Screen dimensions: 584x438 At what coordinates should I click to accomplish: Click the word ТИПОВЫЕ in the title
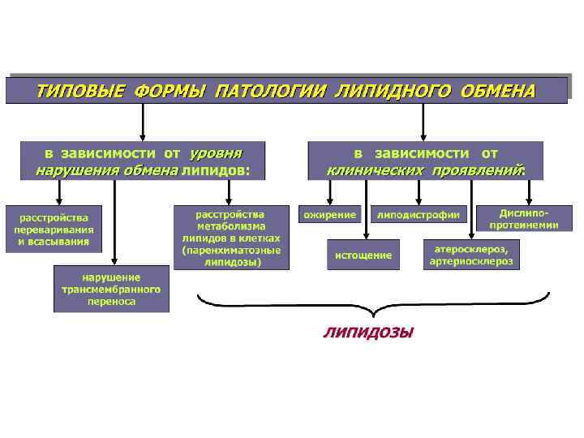[77, 90]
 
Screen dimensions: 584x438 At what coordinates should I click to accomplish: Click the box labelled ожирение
[330, 214]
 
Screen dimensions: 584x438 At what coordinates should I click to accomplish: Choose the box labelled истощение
[363, 255]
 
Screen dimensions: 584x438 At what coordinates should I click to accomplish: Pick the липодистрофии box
[419, 214]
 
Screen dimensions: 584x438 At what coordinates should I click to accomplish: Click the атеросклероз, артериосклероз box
[471, 254]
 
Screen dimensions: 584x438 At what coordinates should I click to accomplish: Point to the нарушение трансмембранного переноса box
[112, 289]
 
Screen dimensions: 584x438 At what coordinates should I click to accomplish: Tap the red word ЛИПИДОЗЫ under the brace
[368, 332]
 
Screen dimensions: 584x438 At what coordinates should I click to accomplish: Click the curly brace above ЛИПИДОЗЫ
[372, 307]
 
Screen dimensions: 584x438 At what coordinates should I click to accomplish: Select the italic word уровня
[216, 152]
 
